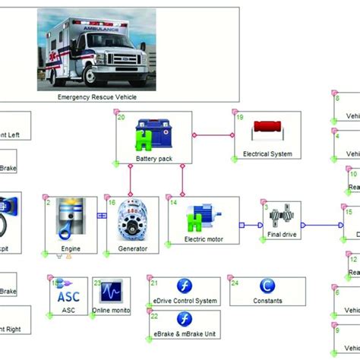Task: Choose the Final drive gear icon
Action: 281,218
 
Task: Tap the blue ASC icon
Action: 63,292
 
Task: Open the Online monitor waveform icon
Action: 111,291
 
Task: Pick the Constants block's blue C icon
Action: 267,286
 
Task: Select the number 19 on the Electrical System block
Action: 240,118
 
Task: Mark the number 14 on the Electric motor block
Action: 173,204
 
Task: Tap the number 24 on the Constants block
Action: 235,283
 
